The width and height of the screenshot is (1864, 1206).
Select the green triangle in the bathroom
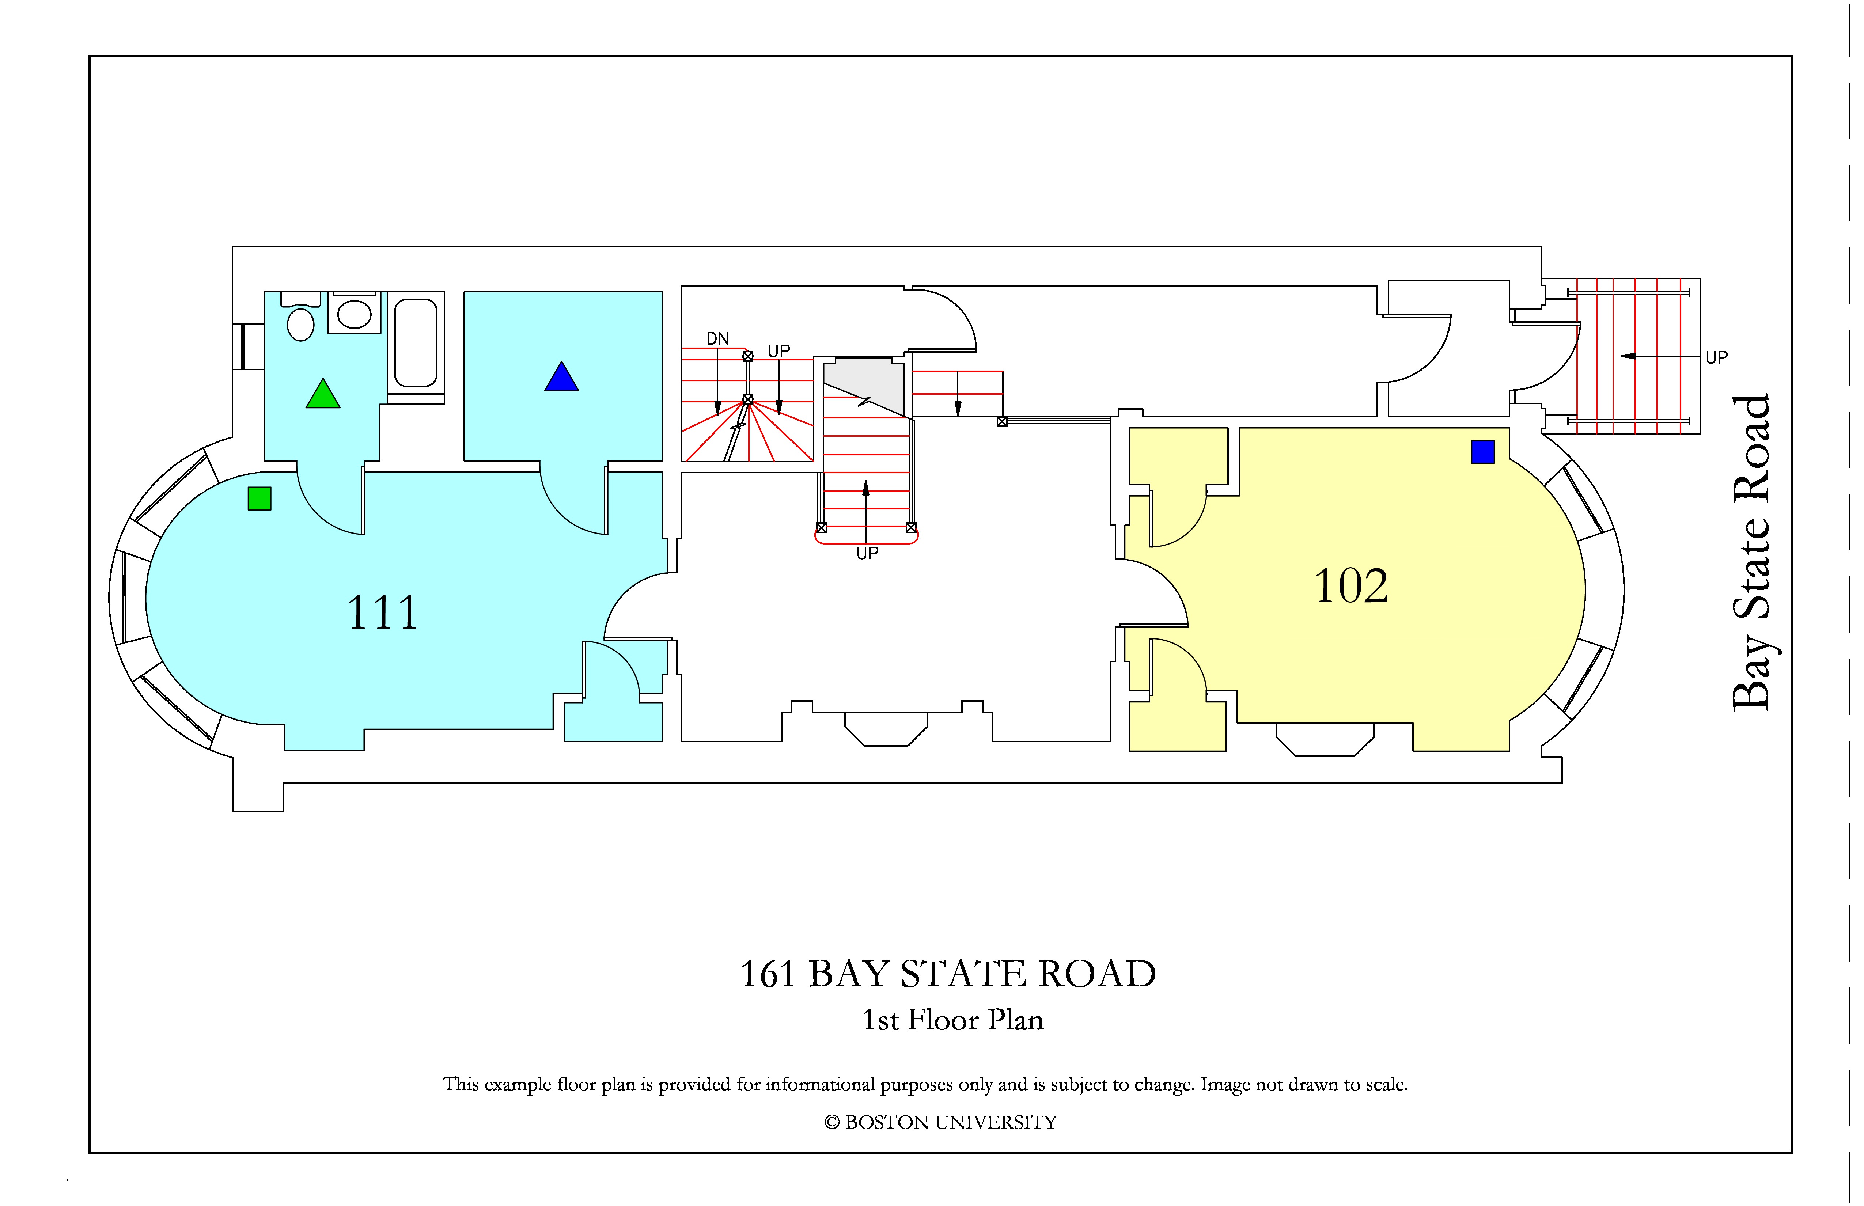[x=323, y=394]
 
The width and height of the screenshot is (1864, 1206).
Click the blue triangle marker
[x=561, y=377]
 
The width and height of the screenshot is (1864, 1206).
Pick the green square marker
[x=259, y=499]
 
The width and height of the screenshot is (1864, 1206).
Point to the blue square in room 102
[x=1482, y=452]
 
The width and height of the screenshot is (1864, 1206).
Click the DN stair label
[x=717, y=338]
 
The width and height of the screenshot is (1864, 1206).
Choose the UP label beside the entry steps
[x=1717, y=357]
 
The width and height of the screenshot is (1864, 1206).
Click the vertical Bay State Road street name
[x=1751, y=552]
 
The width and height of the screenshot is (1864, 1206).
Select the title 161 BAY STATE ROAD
[x=948, y=974]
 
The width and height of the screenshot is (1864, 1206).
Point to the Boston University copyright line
[x=941, y=1122]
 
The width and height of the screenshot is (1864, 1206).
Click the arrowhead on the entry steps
[x=1628, y=356]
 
